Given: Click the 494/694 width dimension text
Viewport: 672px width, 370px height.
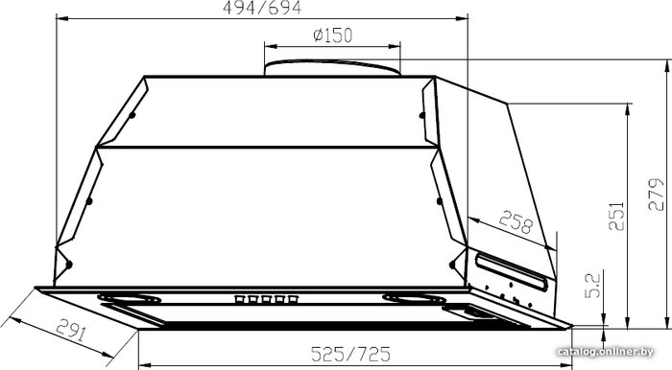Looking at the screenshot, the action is click(262, 8).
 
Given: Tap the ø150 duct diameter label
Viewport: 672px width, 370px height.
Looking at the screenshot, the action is click(332, 35).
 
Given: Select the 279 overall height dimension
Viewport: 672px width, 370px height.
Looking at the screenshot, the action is click(656, 195).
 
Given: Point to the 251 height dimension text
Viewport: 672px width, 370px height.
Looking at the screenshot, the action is click(616, 217).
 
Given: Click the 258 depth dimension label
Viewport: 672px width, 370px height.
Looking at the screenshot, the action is click(516, 222).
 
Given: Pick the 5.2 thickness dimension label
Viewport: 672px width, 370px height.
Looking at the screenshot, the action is click(593, 286).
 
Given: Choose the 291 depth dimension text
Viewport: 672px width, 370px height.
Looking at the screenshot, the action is click(71, 330).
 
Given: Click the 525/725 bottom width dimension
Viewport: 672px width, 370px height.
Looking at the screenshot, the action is click(350, 354).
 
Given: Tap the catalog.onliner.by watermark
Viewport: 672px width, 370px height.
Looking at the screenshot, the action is click(605, 352).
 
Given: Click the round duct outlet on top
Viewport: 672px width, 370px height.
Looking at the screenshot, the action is click(332, 68).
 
